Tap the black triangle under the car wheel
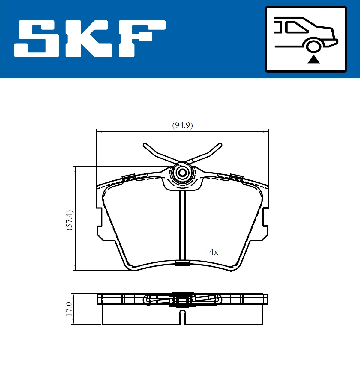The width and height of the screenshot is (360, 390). pyautogui.click(x=314, y=59)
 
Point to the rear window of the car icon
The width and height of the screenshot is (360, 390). pyautogui.click(x=297, y=27)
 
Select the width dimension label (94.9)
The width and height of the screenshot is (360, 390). pyautogui.click(x=182, y=125)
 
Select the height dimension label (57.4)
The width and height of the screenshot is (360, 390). pyautogui.click(x=69, y=220)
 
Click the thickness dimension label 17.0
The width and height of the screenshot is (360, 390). pyautogui.click(x=69, y=309)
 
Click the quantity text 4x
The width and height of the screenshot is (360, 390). pyautogui.click(x=214, y=252)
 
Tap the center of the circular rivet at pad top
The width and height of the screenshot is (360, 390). pyautogui.click(x=182, y=173)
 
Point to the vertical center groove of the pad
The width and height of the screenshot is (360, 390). pyautogui.click(x=182, y=225)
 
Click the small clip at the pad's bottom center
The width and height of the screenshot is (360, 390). pyautogui.click(x=182, y=263)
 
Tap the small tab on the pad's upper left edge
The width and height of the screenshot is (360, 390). pyautogui.click(x=128, y=177)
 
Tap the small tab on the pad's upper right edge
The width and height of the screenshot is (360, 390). pyautogui.click(x=236, y=177)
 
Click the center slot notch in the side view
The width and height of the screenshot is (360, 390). pyautogui.click(x=182, y=317)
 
